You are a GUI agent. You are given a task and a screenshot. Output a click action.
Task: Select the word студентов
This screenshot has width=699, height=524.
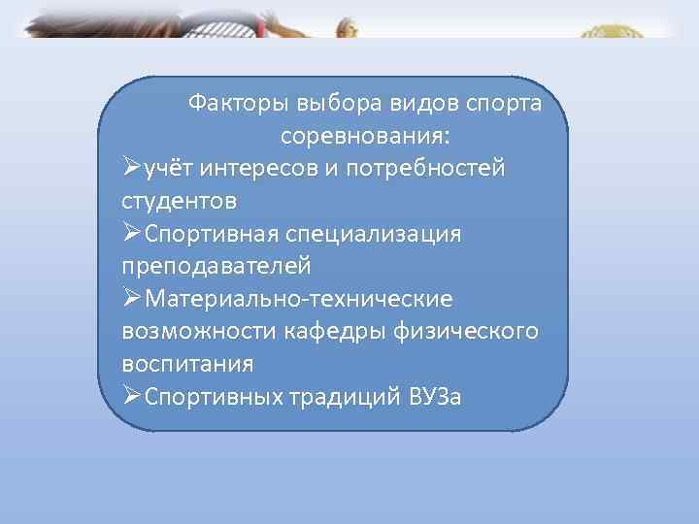[x=179, y=201]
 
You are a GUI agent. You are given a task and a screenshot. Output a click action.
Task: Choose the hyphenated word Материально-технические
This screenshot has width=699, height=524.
[x=298, y=299]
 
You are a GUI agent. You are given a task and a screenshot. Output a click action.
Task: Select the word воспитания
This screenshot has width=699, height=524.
[x=187, y=365]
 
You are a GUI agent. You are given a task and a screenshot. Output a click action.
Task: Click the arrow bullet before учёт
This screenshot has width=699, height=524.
[x=132, y=168]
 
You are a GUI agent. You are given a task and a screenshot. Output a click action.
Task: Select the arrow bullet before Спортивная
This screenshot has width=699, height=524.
[x=132, y=234]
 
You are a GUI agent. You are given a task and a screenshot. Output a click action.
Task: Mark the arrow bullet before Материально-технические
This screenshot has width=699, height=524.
[x=132, y=299]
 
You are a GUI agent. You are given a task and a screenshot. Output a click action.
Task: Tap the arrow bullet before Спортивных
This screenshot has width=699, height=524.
[x=132, y=397]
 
